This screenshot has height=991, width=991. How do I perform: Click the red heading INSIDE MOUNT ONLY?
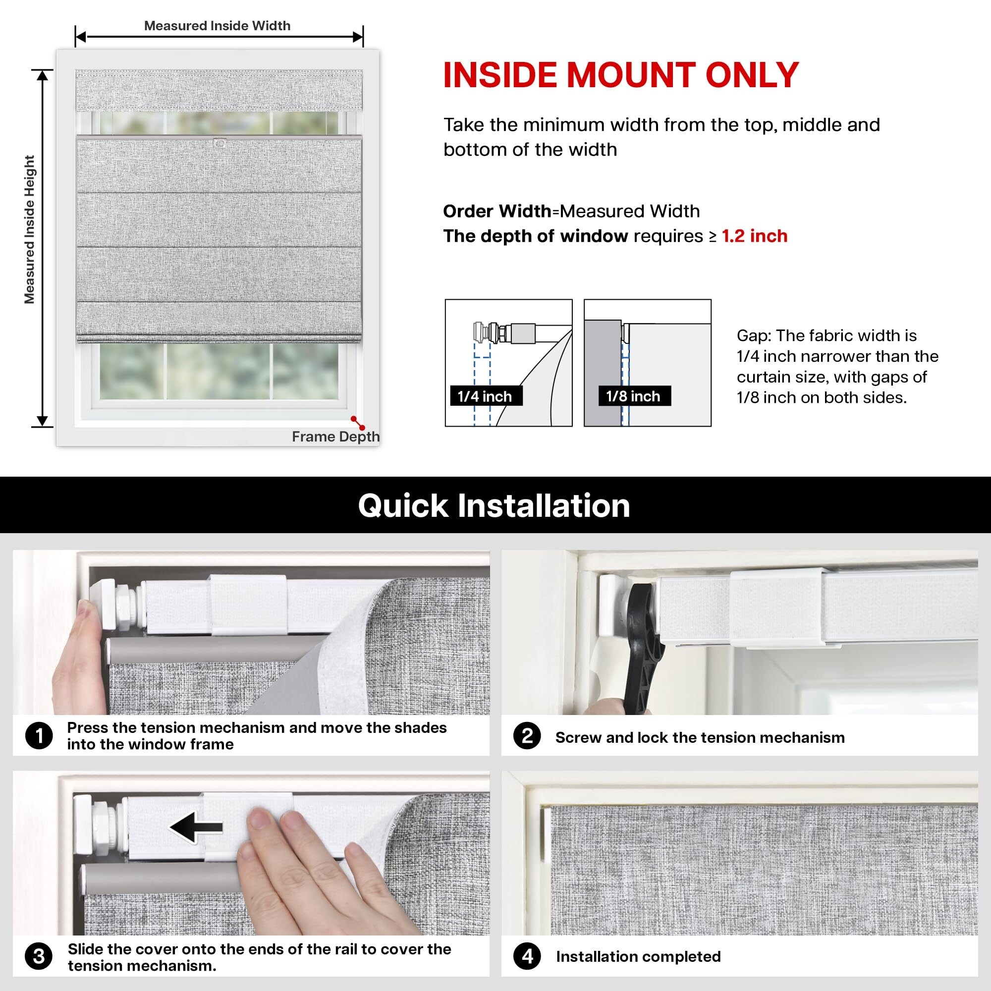coord(621,75)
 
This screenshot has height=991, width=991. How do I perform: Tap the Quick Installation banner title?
coord(494,506)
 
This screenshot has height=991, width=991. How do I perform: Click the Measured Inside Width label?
coord(217,26)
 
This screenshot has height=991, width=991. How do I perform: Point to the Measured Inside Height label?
coord(30,229)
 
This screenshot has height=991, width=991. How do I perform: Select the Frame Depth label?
coord(336,437)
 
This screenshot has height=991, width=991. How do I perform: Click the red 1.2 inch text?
coord(755,236)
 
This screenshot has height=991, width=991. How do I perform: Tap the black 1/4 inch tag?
coord(486,396)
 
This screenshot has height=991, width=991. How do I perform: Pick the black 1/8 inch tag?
coord(635,396)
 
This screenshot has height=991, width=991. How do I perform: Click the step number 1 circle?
coord(39,736)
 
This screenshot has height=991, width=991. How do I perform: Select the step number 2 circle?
coord(527,736)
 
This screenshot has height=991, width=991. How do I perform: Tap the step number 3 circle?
coord(39,956)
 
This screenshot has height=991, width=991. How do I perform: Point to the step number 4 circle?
coord(527,956)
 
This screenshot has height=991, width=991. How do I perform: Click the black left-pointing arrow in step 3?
coord(196,827)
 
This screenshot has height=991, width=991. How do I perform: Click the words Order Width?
coord(497,212)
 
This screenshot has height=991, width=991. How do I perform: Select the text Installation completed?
coord(638,957)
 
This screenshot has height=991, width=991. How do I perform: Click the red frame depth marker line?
coord(358,423)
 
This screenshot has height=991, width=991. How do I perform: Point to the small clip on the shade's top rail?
coord(220,142)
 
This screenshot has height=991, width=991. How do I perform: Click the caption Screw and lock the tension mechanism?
coord(700,738)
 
